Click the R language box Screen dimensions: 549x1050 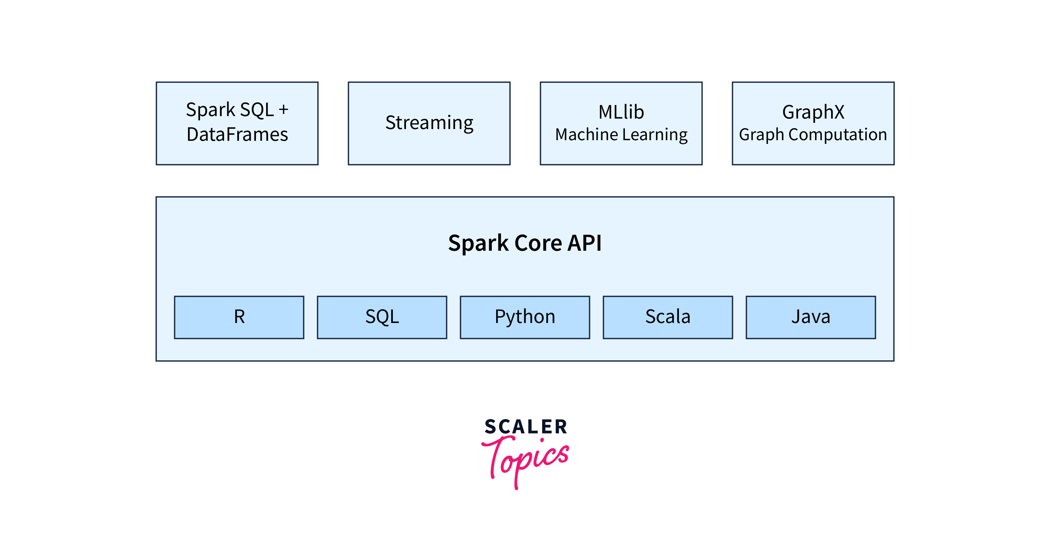point(239,317)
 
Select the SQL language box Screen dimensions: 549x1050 point(382,317)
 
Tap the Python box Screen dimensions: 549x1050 point(525,317)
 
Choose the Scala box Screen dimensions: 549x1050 point(668,317)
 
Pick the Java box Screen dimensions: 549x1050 point(811,317)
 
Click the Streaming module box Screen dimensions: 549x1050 point(429,123)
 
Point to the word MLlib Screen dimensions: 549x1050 point(621,112)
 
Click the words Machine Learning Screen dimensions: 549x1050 point(621,135)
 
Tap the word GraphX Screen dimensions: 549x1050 point(813,112)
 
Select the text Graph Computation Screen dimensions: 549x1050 point(813,135)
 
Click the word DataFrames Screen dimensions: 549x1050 point(237,135)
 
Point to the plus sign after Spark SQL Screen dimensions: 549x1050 point(284,110)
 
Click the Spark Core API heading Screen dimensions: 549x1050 point(525,243)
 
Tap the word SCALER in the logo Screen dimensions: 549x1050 point(526,427)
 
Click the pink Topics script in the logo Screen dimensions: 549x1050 point(526,459)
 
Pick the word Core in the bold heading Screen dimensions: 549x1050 point(538,243)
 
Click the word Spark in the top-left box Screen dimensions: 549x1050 point(211,110)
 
